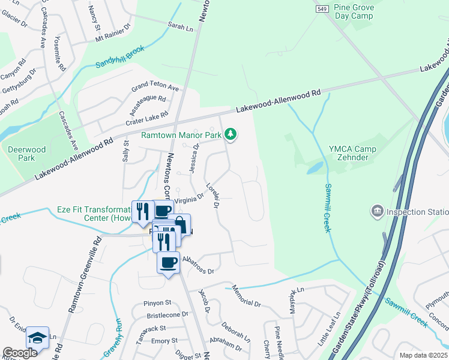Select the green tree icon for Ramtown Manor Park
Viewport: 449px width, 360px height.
tap(231, 135)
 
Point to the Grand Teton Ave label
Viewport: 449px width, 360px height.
tap(155, 88)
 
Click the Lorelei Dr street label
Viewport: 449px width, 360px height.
tap(211, 196)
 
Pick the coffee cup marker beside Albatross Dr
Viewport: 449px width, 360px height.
tap(168, 263)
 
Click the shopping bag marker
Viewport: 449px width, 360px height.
tap(179, 224)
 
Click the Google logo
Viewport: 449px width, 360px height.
tap(20, 353)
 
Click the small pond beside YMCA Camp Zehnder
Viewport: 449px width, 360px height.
tap(315, 168)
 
